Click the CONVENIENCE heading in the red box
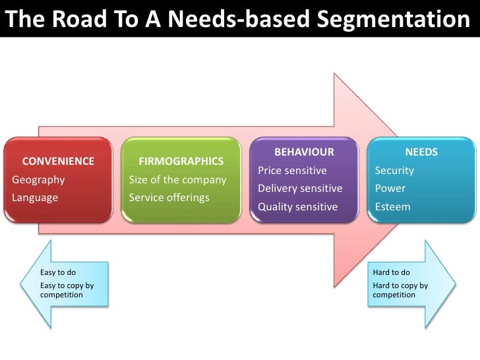[59, 161]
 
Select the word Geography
[38, 179]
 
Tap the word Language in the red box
[35, 197]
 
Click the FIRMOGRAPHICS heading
[181, 161]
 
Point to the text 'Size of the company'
[177, 179]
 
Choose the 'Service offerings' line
[169, 197]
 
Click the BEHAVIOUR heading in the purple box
[304, 152]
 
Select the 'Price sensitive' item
[292, 170]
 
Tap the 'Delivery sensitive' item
[300, 189]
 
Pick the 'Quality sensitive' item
[297, 206]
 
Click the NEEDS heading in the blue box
[421, 152]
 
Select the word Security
[394, 170]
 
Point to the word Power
[390, 189]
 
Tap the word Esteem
[392, 206]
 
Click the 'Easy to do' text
[58, 272]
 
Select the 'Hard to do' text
[391, 272]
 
